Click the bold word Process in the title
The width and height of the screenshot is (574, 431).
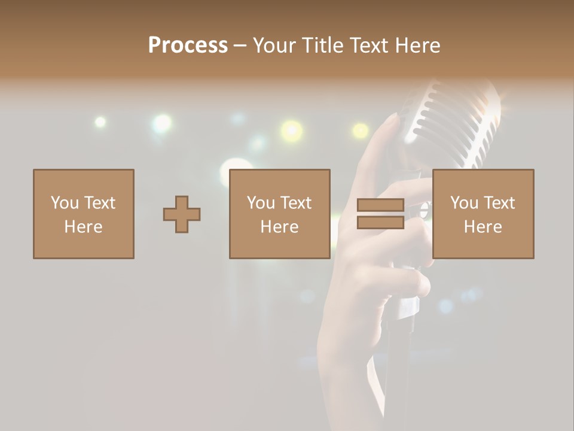pos(188,45)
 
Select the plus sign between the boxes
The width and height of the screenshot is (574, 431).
pos(182,214)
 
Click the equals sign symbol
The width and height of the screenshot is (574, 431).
pos(380,214)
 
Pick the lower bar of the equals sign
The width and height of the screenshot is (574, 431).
pos(380,222)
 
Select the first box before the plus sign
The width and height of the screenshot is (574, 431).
pos(84,214)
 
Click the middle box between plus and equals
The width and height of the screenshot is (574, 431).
pos(279,214)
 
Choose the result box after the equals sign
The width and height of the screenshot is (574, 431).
pos(483,214)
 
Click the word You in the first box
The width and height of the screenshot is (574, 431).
pos(64,203)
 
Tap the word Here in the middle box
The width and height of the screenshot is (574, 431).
pos(279,227)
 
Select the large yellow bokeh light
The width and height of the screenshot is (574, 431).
pos(292,130)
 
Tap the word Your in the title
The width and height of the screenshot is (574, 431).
pos(272,45)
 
